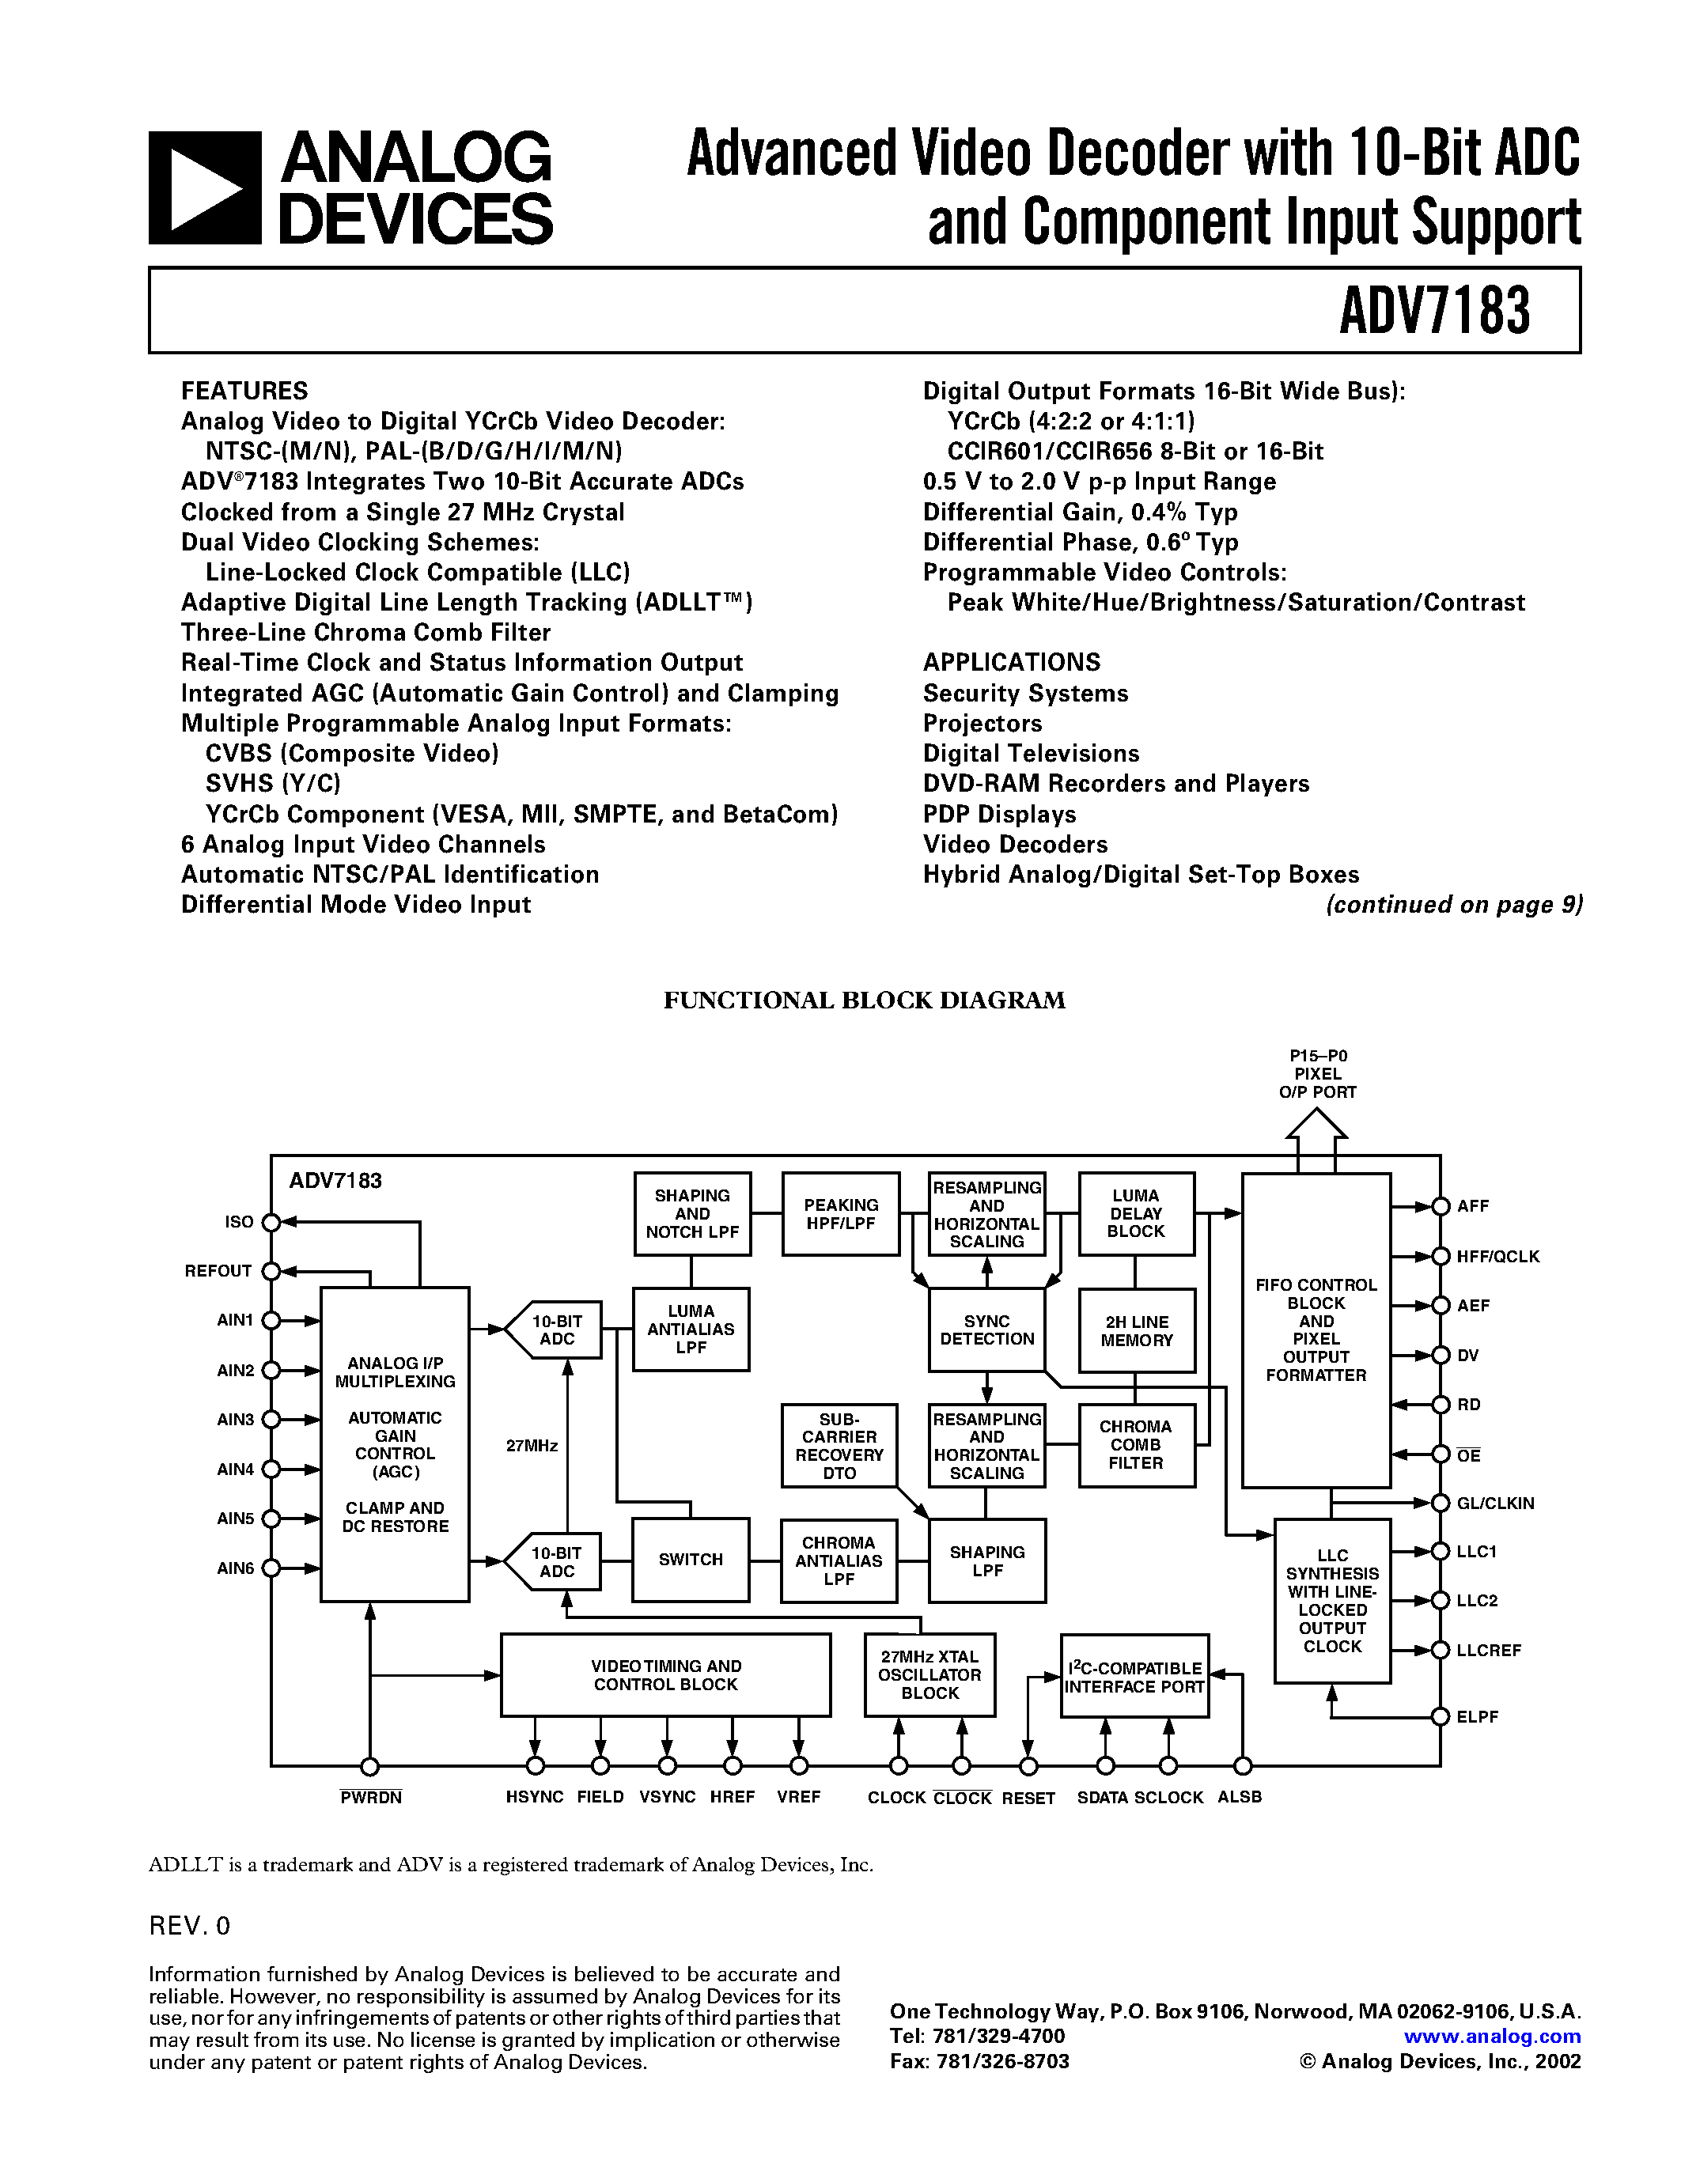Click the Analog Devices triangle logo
click(x=205, y=188)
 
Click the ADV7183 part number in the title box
click(x=1434, y=311)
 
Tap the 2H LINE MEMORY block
click(x=1136, y=1330)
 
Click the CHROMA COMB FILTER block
click(x=1136, y=1445)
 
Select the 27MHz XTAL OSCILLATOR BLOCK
click(x=929, y=1675)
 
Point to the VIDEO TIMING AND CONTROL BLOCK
click(x=665, y=1675)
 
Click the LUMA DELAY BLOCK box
click(x=1136, y=1213)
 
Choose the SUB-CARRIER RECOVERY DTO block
click(x=839, y=1445)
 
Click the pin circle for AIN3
click(x=271, y=1419)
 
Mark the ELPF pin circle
click(x=1440, y=1716)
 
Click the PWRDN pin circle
click(x=369, y=1767)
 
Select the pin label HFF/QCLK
click(x=1497, y=1257)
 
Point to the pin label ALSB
click(x=1239, y=1797)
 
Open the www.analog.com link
click(x=1492, y=2037)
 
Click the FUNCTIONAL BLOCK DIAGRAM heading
click(x=865, y=1000)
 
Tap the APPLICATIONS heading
click(x=1011, y=662)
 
